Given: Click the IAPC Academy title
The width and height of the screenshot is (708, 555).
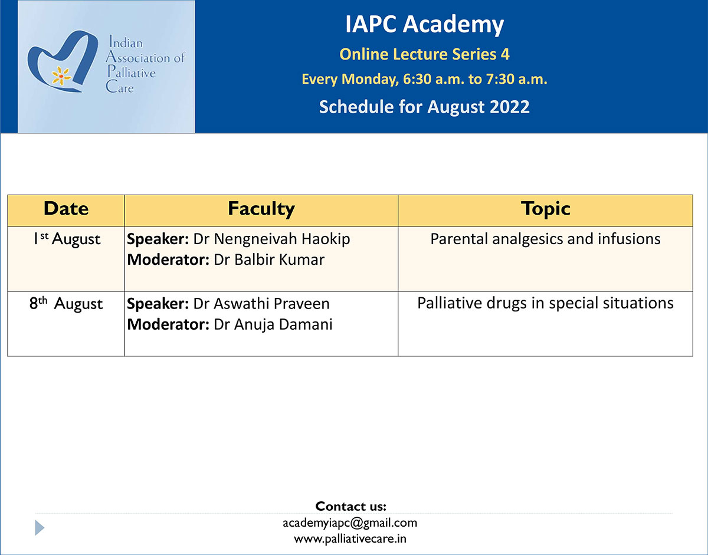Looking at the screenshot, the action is tap(424, 24).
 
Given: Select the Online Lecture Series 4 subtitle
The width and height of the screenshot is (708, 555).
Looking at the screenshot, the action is tap(424, 54).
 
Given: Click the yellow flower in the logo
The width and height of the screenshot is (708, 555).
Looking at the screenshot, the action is tap(61, 76).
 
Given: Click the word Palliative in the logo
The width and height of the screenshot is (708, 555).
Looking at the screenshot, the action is tap(132, 72).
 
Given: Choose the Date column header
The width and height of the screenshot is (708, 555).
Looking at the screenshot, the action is tap(66, 208).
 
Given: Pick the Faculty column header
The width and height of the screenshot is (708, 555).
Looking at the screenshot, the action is tap(261, 209).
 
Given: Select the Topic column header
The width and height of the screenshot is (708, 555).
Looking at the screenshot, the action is tap(545, 209).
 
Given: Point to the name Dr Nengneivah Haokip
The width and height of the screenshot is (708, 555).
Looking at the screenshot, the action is tap(272, 239).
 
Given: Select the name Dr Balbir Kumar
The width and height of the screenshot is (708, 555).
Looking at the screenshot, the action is tap(269, 260).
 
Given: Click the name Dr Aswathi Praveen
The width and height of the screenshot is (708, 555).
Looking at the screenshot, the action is tap(261, 304).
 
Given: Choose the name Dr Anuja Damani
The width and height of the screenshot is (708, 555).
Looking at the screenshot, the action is tap(273, 325).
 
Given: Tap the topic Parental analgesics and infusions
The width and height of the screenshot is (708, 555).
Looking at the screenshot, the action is tap(545, 239).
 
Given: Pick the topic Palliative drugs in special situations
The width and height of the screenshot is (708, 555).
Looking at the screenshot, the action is tap(545, 304).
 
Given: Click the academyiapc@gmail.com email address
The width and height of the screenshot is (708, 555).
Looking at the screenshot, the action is tap(350, 523).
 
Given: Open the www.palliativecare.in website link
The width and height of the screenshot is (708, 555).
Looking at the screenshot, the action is tap(350, 538).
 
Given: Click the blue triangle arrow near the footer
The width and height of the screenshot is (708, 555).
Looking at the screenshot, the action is tap(39, 528).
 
